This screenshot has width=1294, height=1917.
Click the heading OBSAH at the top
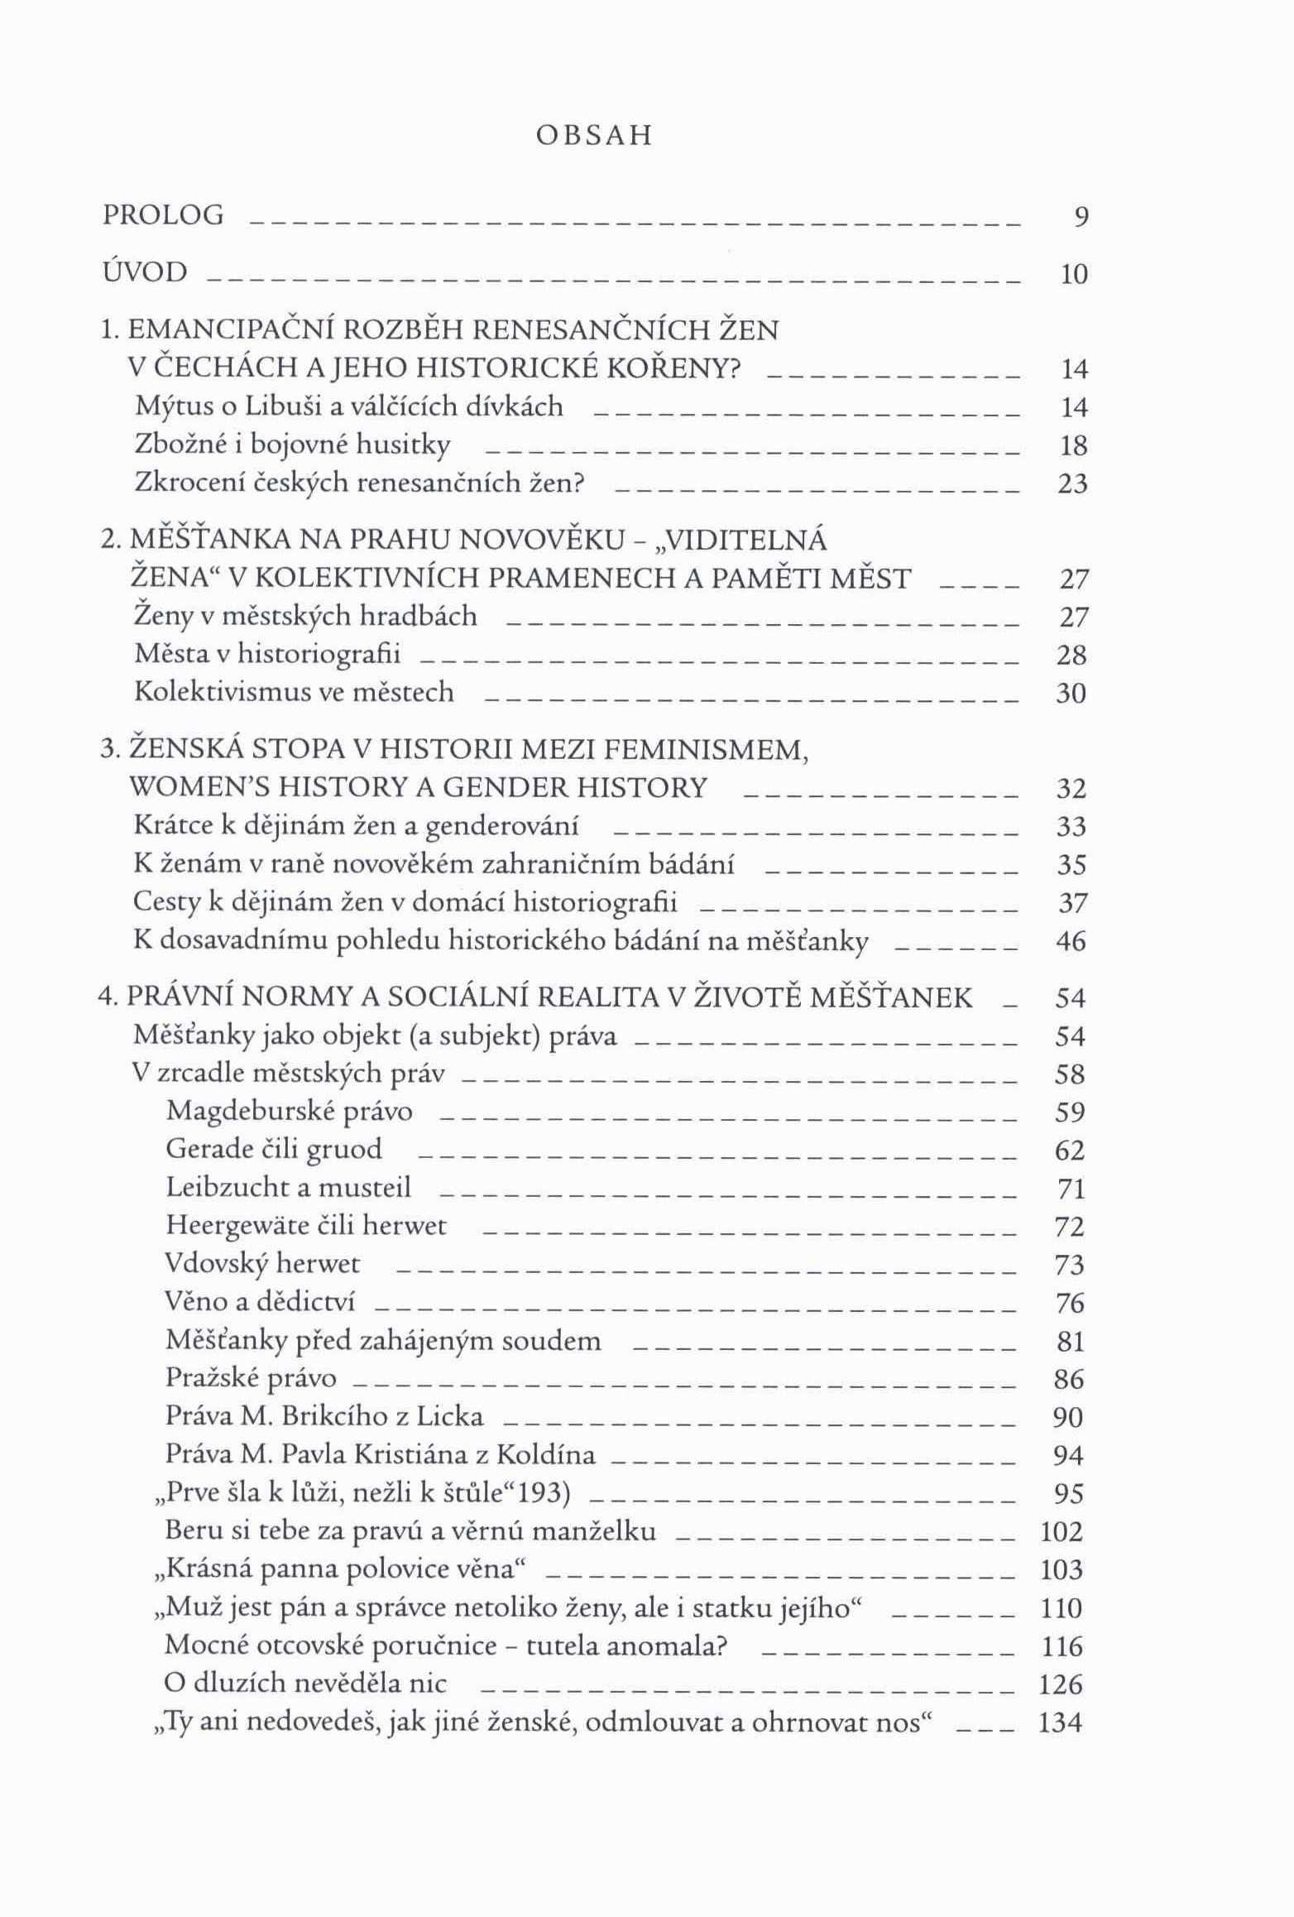[594, 136]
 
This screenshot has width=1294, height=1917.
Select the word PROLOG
[163, 215]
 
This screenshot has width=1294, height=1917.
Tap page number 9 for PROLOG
[1081, 218]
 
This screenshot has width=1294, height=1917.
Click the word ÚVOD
[145, 272]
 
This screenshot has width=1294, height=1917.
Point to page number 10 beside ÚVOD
[1074, 275]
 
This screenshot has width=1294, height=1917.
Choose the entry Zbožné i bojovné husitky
[292, 445]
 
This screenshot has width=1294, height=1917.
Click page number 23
[1073, 483]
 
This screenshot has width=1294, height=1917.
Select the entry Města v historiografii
[267, 654]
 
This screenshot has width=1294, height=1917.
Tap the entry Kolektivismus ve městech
[294, 691]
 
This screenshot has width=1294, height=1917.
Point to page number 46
[1071, 941]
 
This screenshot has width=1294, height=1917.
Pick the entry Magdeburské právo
[289, 1111]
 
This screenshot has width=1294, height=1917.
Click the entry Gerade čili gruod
[274, 1149]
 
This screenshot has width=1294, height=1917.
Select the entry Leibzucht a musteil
[288, 1187]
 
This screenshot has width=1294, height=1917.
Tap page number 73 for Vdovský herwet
[1070, 1265]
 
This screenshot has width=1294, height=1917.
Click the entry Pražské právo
[251, 1377]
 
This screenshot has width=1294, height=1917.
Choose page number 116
[1062, 1646]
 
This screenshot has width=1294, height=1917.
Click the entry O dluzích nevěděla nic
[305, 1683]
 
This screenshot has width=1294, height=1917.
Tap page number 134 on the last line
[1061, 1722]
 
